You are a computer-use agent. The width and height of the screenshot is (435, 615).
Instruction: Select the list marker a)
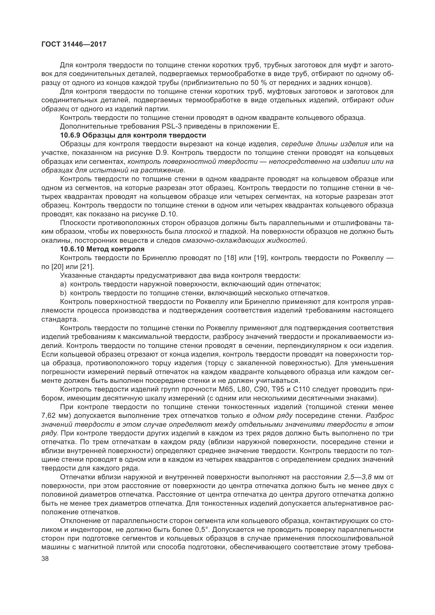(63, 284)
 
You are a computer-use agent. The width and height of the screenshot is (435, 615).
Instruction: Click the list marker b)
(63, 293)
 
